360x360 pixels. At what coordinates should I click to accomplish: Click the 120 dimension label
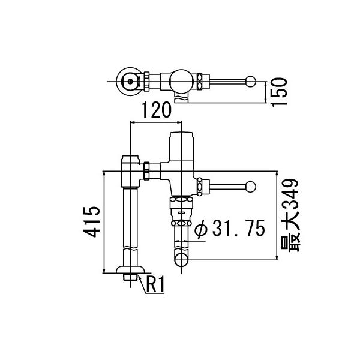[x=155, y=110]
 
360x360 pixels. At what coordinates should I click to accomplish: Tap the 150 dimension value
[x=280, y=91]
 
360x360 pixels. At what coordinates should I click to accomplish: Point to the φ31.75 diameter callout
[x=230, y=229]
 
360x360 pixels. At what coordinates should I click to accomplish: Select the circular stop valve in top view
[x=128, y=80]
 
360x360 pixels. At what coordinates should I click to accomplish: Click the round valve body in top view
[x=179, y=80]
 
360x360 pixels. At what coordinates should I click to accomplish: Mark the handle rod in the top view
[x=228, y=80]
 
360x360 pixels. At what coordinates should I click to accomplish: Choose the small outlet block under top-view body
[x=179, y=94]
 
